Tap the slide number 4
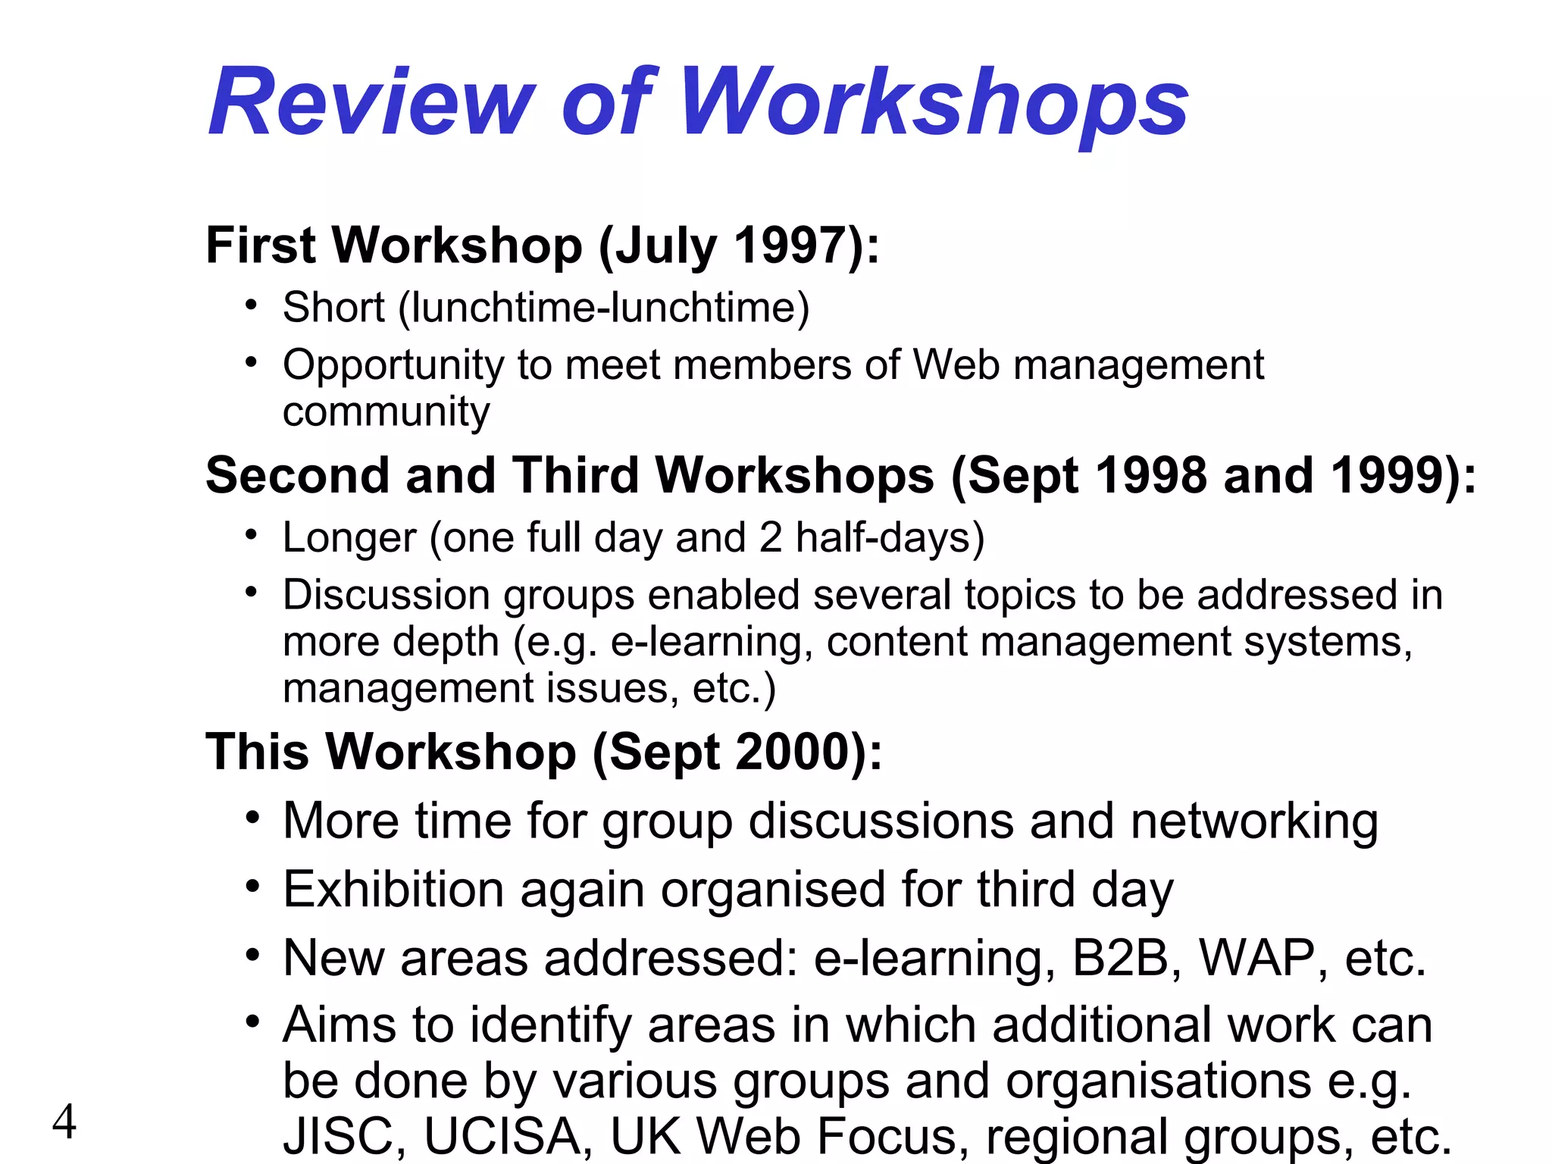[64, 1122]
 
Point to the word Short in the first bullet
[333, 308]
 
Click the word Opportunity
[393, 366]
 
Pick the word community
[386, 411]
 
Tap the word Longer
[349, 538]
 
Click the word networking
[1253, 821]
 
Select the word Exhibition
[393, 890]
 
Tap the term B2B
[1121, 958]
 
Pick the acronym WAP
[1256, 958]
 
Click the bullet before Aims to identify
[252, 1022]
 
